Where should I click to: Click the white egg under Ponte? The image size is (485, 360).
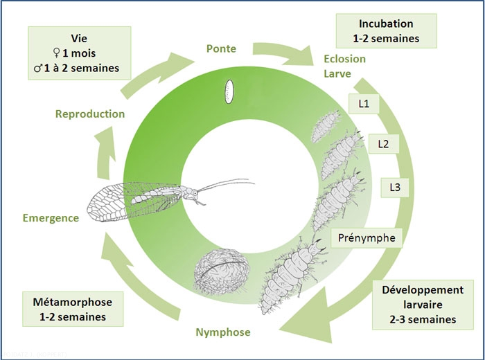(x=227, y=91)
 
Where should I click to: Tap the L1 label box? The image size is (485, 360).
(x=363, y=104)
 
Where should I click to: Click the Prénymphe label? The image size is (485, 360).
(x=368, y=237)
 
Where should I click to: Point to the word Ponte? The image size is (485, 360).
(x=221, y=48)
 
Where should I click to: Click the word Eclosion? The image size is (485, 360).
(x=344, y=59)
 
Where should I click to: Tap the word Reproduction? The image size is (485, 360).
(x=90, y=114)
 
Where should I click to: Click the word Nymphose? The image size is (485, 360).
(x=221, y=333)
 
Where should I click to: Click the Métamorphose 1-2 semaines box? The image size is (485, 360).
(x=72, y=309)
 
